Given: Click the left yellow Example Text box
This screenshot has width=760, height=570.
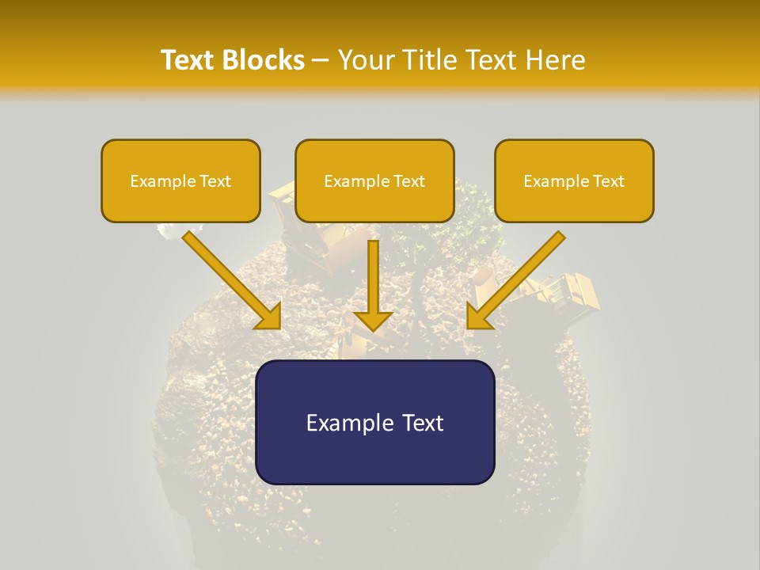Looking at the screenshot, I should (180, 180).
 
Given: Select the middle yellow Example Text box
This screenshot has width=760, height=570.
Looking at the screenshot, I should (374, 180).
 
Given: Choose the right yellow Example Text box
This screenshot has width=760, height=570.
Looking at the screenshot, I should (574, 180).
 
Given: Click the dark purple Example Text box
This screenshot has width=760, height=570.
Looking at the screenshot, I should (374, 422).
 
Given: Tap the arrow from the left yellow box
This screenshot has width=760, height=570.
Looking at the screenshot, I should (230, 277).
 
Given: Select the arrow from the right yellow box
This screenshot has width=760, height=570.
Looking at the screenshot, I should (519, 277).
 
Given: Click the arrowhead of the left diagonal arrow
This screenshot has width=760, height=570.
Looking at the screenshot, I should (269, 317).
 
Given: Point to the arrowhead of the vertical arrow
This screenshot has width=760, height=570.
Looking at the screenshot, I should (373, 320).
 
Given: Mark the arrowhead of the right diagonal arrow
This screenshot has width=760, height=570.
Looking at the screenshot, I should (478, 317).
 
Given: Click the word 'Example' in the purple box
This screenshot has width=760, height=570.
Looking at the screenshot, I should (345, 423).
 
